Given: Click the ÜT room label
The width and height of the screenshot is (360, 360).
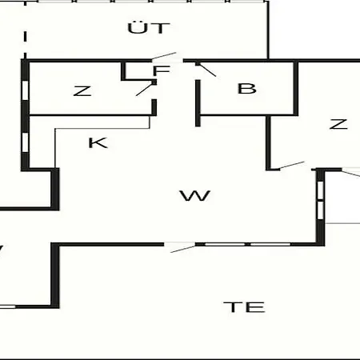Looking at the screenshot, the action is [x=149, y=28].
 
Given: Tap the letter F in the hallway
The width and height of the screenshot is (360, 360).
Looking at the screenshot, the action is [x=161, y=70].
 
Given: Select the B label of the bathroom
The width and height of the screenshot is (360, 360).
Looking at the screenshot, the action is [x=246, y=89].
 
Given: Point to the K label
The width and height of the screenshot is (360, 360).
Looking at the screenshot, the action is [x=98, y=142].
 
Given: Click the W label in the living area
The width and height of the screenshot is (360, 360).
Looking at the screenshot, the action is [x=195, y=195].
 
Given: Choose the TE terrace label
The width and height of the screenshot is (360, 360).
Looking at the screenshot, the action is [x=244, y=307].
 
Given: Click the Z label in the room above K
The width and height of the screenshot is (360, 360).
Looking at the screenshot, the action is [x=82, y=91].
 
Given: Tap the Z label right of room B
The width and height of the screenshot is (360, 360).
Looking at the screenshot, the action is [x=338, y=124].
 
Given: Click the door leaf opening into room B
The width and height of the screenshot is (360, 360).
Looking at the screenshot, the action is [x=206, y=70].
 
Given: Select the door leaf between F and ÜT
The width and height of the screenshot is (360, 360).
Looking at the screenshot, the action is [x=163, y=56].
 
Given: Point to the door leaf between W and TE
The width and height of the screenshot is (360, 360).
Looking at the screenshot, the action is [x=183, y=248].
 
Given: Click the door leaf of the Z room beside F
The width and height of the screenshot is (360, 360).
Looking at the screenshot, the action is [x=146, y=89].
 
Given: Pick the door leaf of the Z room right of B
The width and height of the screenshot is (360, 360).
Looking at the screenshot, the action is [x=291, y=166].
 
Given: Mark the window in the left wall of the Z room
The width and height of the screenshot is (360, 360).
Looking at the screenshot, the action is [x=25, y=90].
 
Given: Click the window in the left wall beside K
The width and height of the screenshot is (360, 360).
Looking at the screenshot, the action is [x=25, y=142].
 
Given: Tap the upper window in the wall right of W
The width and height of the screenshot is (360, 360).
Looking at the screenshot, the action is [x=320, y=190].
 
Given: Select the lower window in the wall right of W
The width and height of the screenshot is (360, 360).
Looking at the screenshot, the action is [x=320, y=210].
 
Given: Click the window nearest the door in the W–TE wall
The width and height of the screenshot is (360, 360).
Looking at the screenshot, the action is [x=225, y=244].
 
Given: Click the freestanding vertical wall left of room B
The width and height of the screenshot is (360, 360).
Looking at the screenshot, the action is [x=198, y=103].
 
